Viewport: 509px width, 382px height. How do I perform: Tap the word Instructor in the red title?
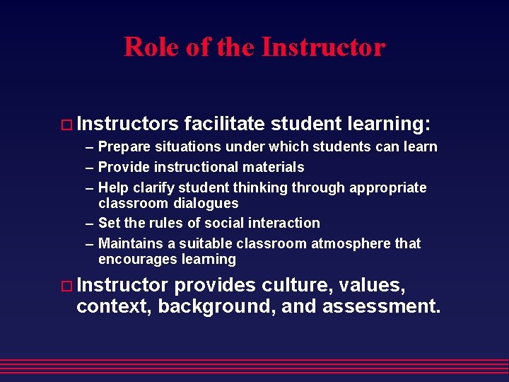tap(323, 47)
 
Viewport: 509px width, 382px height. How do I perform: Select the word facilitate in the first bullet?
tap(224, 124)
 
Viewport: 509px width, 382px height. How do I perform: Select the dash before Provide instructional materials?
tap(89, 168)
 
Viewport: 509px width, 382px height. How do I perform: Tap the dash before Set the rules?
tap(89, 224)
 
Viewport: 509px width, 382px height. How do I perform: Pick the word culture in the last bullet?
tap(293, 285)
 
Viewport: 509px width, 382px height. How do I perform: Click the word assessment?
tap(381, 306)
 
